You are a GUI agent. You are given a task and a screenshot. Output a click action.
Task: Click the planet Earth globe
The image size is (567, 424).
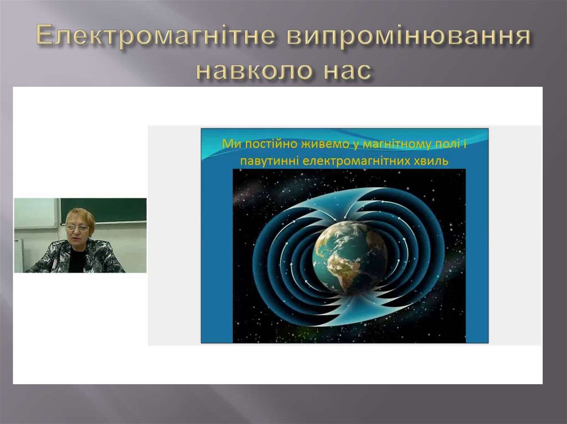[x=350, y=256]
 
